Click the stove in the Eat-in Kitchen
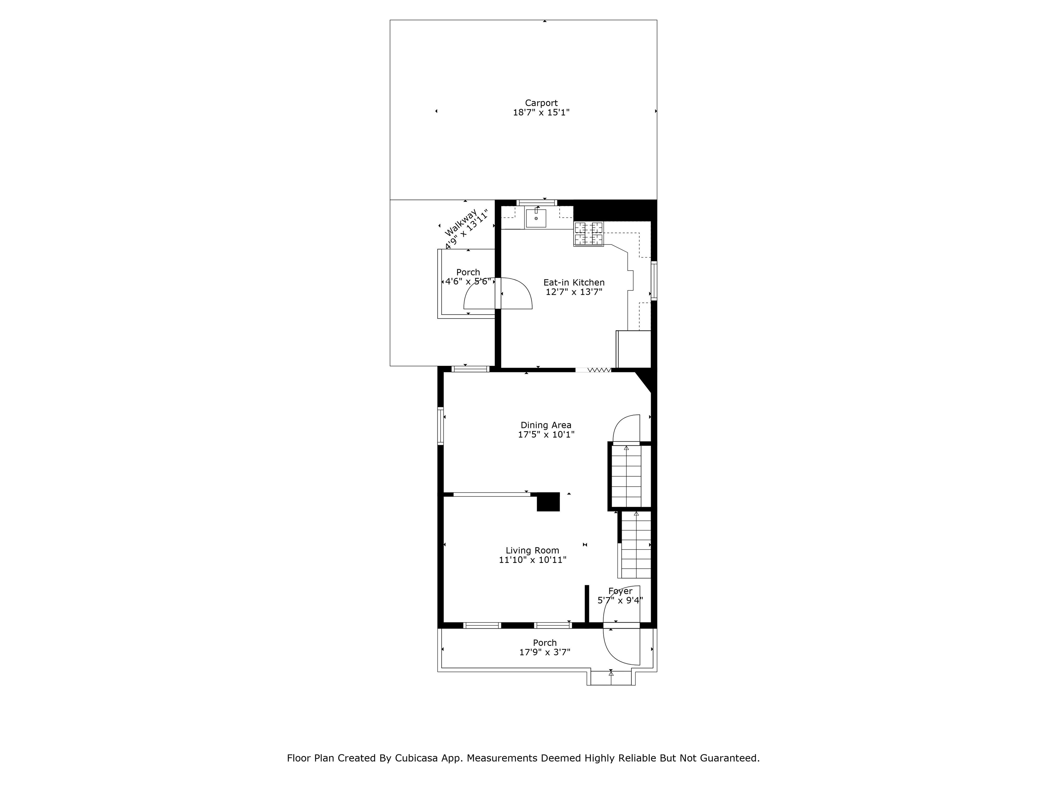(589, 234)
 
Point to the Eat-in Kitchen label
(574, 282)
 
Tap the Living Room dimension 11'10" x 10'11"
(532, 560)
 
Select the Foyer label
(620, 591)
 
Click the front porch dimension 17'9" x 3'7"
(544, 652)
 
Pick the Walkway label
(460, 223)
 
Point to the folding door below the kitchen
(594, 370)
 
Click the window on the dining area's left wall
(440, 426)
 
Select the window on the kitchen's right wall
(654, 281)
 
